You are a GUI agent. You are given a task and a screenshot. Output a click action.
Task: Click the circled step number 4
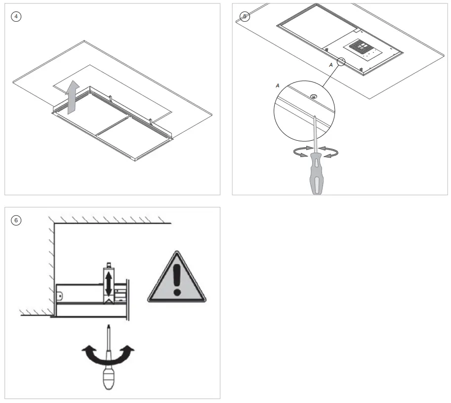(16, 16)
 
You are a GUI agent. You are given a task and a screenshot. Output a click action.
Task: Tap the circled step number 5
(245, 16)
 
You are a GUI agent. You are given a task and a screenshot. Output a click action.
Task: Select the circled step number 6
(16, 220)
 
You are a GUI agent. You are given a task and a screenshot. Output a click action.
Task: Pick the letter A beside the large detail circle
(278, 86)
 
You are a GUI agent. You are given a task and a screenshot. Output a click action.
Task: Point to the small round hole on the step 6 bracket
(60, 296)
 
